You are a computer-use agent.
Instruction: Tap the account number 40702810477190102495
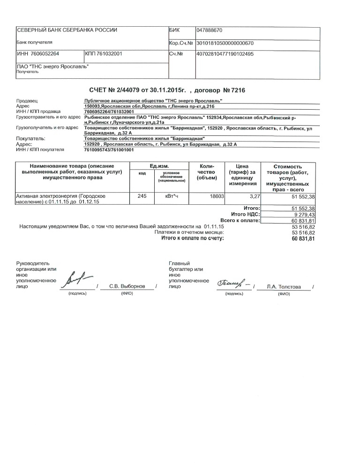click(225, 54)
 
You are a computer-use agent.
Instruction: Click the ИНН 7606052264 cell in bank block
click(38, 54)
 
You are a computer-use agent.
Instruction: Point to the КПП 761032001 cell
click(104, 54)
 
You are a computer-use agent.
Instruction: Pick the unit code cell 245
click(142, 196)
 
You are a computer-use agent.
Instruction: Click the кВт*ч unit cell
click(169, 196)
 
